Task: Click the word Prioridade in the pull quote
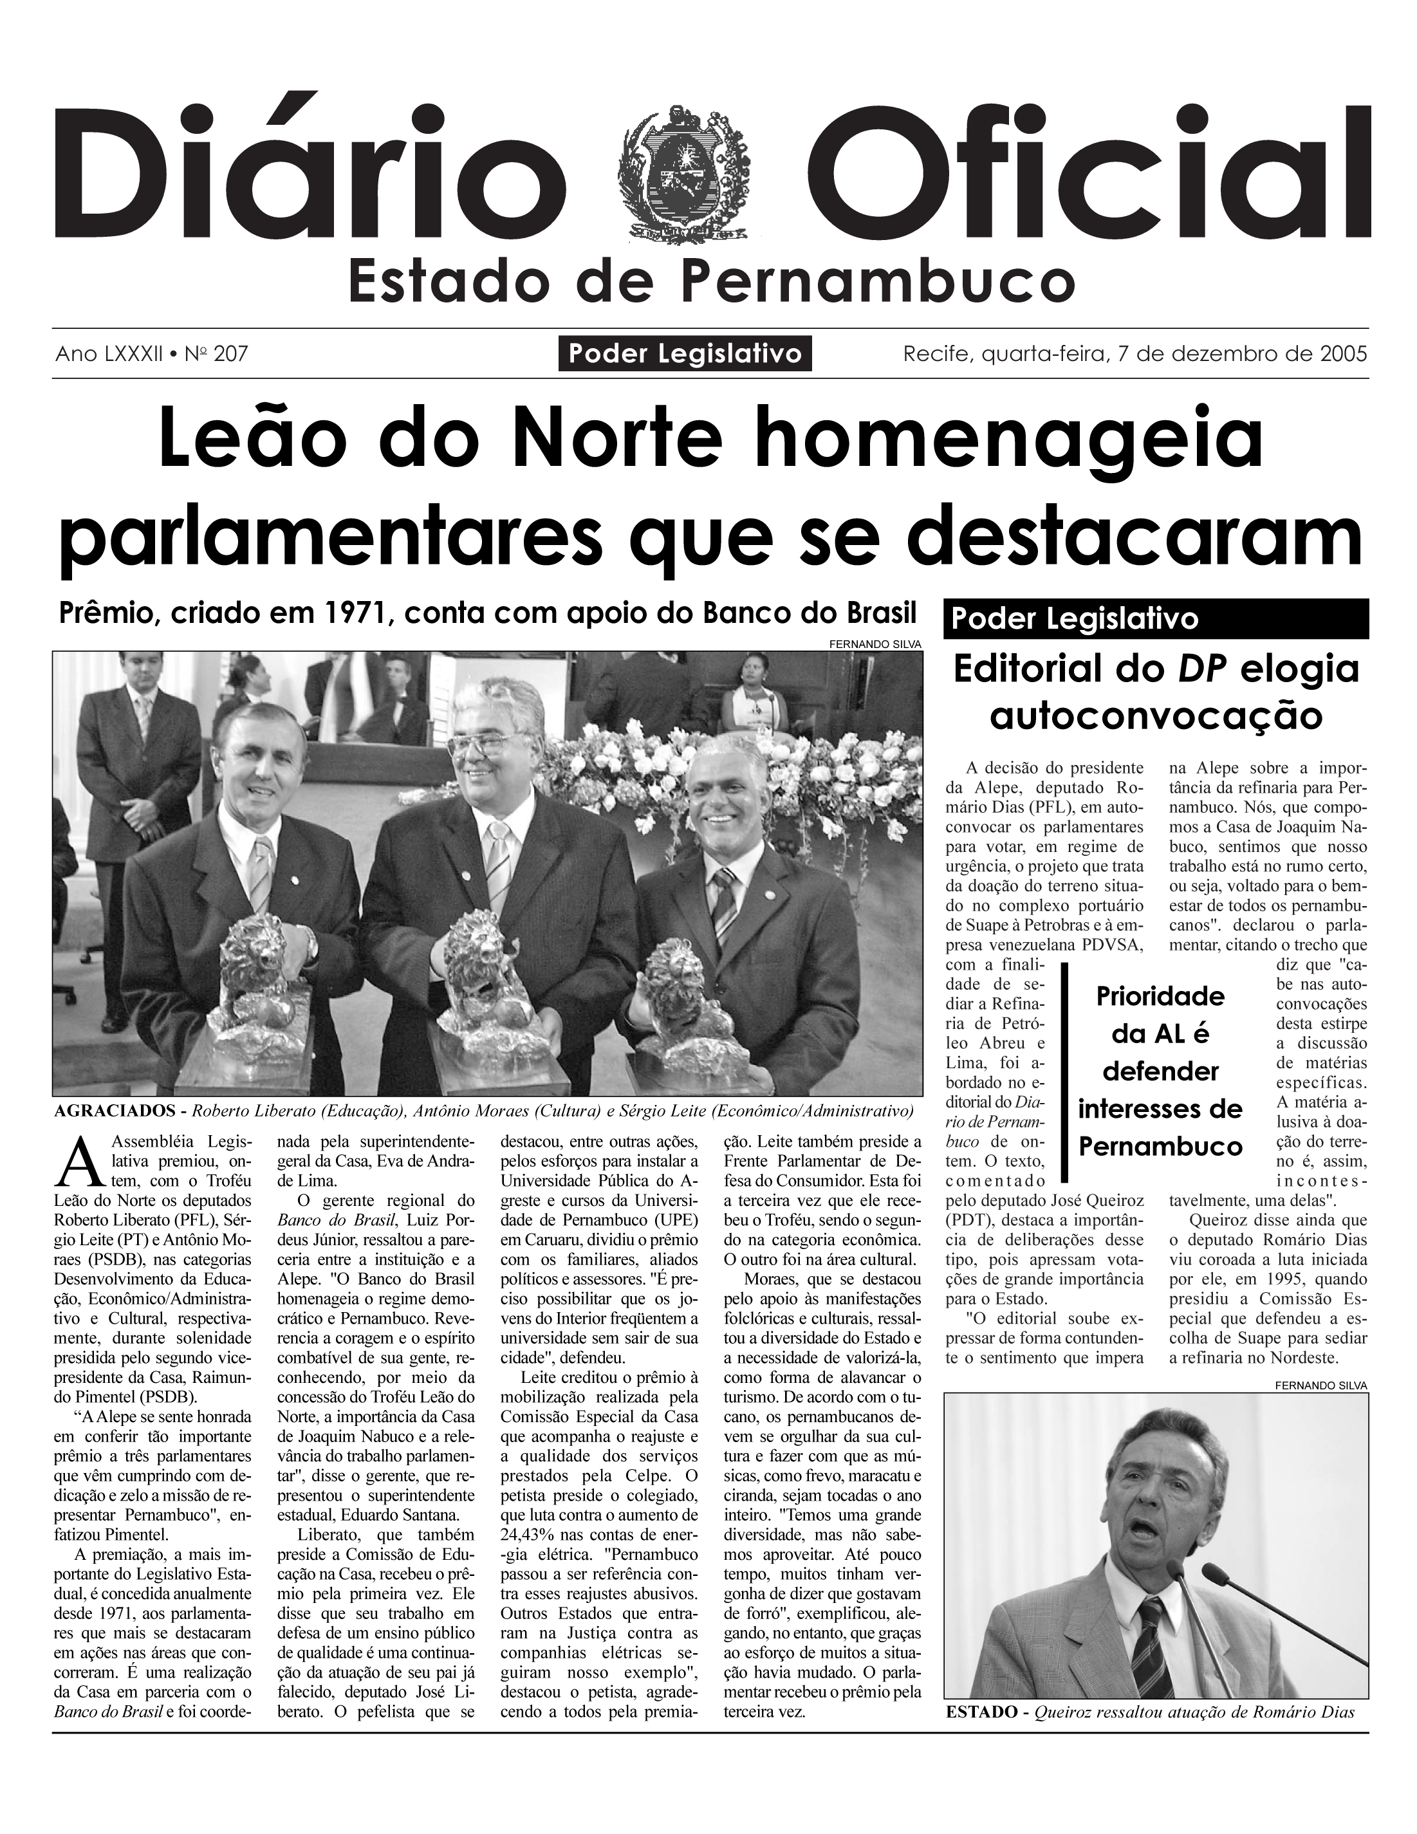[1160, 997]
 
